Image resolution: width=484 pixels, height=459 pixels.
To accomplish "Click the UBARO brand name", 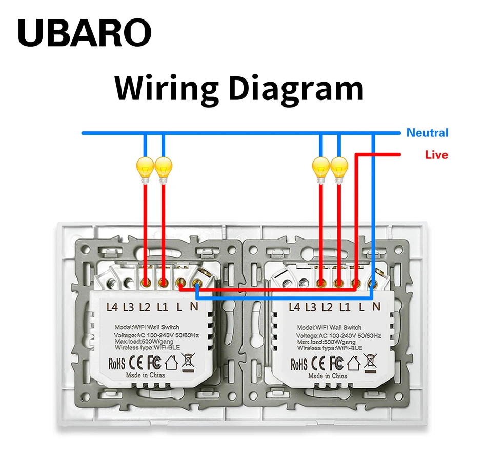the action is coord(85,33).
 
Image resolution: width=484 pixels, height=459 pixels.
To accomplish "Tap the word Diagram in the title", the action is coord(296,89).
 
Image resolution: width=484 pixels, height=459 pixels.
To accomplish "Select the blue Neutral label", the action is coord(427,133).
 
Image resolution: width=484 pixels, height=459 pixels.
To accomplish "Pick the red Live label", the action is coord(436,155).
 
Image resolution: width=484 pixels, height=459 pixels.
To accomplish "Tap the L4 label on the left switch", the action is coord(112,307).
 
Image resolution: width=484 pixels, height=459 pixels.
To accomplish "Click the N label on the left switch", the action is coord(194,307).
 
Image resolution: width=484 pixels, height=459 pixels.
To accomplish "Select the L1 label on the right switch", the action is coord(345,307).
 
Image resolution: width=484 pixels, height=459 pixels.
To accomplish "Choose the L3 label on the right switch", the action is coord(311,307).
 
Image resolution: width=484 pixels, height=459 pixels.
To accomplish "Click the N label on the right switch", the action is coord(376,307).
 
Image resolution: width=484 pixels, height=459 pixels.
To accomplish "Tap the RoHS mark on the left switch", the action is coord(117,364).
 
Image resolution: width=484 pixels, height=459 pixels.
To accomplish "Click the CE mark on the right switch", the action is coord(318,363).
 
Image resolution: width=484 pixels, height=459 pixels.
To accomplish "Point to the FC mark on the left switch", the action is coord(154,363).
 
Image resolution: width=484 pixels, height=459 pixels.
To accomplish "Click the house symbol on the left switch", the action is coord(172,363).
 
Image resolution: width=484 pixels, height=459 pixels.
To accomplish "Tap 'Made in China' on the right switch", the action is coord(328,376).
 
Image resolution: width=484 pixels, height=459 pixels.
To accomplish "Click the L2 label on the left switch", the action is coord(145,307).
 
